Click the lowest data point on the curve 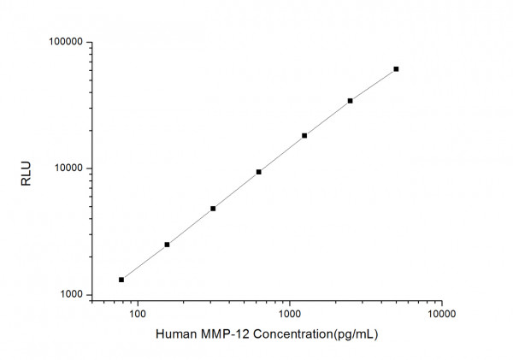click(121, 280)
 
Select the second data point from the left click(167, 245)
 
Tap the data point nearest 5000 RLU click(213, 209)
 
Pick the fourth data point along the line click(258, 172)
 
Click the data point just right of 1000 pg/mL click(304, 135)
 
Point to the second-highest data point click(350, 101)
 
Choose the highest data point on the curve click(396, 68)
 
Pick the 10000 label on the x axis click(441, 313)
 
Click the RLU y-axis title click(26, 168)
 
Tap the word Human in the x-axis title click(175, 334)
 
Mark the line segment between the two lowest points click(144, 263)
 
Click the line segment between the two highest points click(373, 85)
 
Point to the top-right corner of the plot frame click(441, 42)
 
